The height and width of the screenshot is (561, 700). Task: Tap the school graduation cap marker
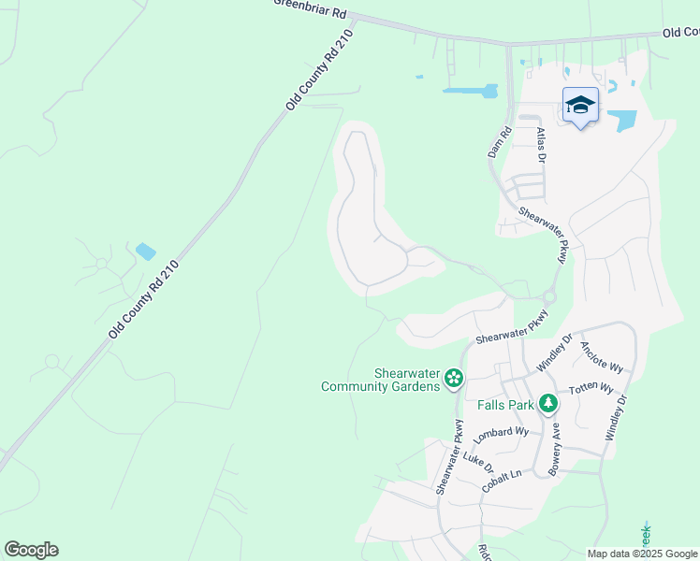click(580, 106)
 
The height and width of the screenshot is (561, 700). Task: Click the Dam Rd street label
click(497, 143)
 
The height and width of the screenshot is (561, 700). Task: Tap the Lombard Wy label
click(502, 434)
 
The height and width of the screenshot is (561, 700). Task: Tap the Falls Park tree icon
click(547, 404)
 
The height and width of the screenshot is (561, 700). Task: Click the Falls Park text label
click(505, 405)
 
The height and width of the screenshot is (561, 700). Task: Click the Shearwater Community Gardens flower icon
click(454, 379)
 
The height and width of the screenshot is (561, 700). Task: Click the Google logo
click(31, 550)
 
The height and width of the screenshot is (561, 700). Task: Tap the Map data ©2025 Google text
click(642, 554)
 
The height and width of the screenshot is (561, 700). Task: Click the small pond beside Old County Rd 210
click(145, 251)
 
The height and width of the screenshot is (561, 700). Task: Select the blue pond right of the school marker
click(621, 120)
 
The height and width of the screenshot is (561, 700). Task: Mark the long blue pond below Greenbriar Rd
click(470, 92)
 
